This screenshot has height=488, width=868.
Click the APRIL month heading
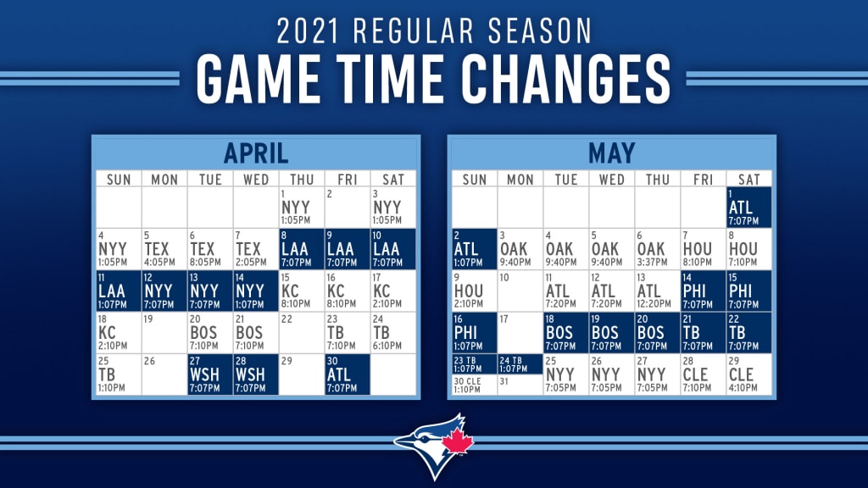coord(256,153)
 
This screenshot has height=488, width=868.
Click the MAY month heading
coord(610,153)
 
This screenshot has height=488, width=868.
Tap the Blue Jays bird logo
coord(434,441)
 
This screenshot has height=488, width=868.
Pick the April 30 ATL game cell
coord(348,374)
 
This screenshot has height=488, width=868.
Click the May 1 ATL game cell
coord(748,208)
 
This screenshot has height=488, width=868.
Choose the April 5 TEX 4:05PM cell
coord(164,249)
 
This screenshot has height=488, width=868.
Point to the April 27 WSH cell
coord(210,374)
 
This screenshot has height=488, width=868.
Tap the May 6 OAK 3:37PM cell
coord(657,249)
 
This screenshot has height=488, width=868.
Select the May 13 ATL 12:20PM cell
coord(657,291)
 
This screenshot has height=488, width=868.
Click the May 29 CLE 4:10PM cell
coord(748,374)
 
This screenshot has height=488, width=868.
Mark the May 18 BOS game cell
coord(565,332)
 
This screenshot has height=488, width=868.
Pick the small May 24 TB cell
coord(520,363)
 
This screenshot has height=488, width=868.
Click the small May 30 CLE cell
coord(474,385)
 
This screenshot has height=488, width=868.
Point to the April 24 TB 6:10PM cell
coord(393,332)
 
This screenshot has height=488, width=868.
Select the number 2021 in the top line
coord(311,30)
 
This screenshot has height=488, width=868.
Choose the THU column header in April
coord(302,180)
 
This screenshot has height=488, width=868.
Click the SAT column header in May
coord(748,180)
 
